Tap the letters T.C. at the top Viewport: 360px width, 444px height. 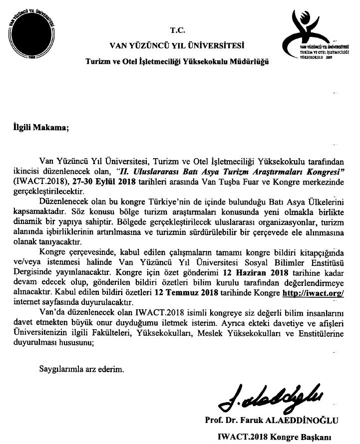(178, 29)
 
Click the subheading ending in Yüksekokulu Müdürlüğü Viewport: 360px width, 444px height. (178, 61)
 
